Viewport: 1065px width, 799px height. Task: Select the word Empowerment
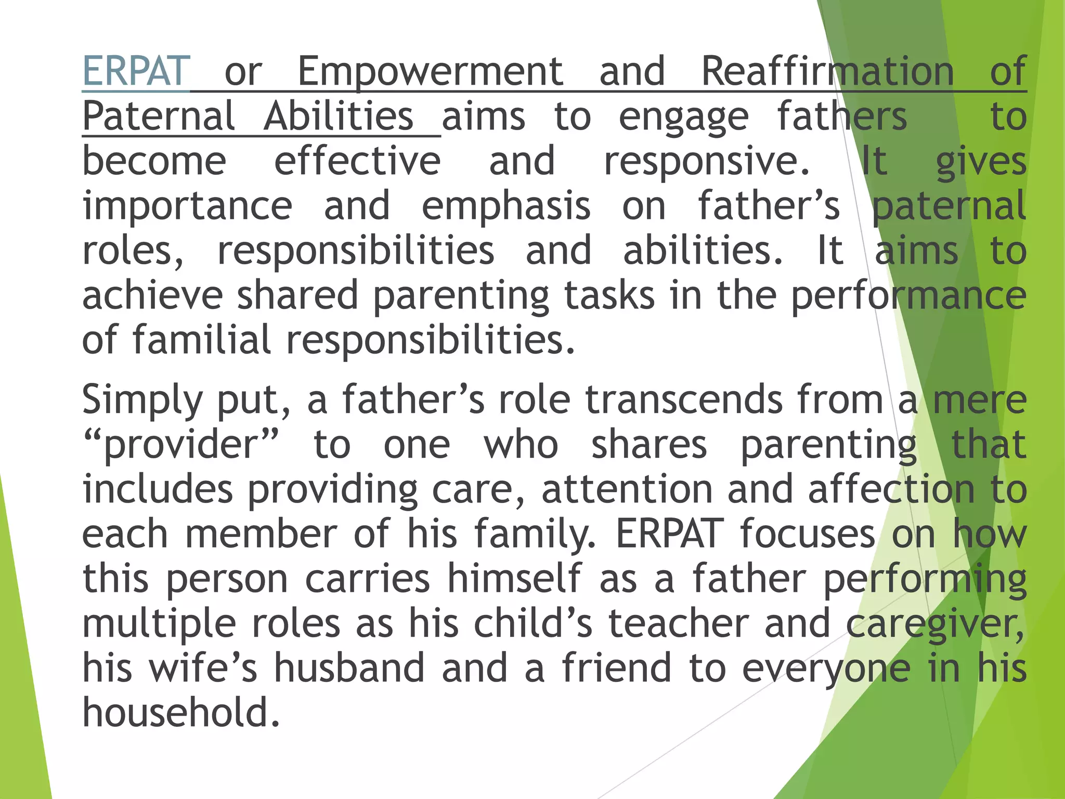click(430, 72)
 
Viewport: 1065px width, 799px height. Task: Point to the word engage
click(683, 118)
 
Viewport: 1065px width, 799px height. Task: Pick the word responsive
click(706, 162)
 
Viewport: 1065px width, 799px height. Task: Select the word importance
click(187, 206)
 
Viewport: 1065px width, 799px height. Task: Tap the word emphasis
click(505, 206)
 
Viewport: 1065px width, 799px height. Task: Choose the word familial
click(201, 340)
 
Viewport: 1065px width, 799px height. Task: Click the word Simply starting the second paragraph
click(141, 400)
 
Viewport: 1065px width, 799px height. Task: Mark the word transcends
click(683, 399)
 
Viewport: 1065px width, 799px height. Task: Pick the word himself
click(514, 578)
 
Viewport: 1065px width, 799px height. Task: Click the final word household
click(181, 712)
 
